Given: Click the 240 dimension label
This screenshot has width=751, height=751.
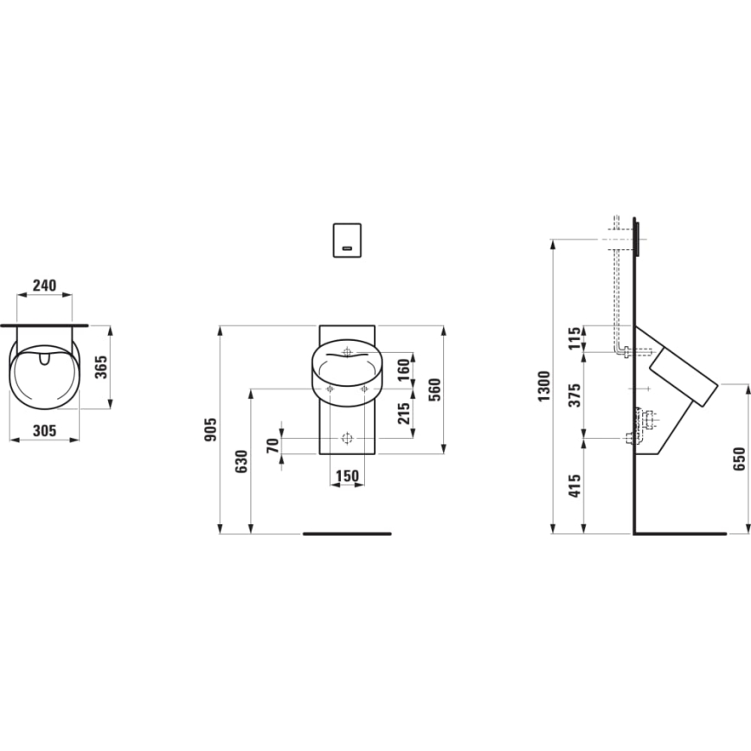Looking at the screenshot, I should pos(45,285).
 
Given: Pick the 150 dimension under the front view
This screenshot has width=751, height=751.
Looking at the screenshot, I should pos(347,476).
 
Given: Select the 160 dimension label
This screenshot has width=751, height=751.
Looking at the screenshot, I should pos(402,369).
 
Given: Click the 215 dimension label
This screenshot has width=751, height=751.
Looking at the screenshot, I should pos(402,414).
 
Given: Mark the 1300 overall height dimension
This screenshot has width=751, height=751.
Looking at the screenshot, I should pos(543,385).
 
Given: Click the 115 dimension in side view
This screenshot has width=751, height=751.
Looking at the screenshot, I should pos(574,338).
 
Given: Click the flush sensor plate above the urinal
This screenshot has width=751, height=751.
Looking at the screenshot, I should pos(347,240).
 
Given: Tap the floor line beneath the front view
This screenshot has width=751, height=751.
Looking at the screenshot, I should pos(347,534).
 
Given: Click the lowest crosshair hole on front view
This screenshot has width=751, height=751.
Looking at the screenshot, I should pos(347,437).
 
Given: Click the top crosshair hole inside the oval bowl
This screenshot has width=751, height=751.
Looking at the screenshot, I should pos(347,353).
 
